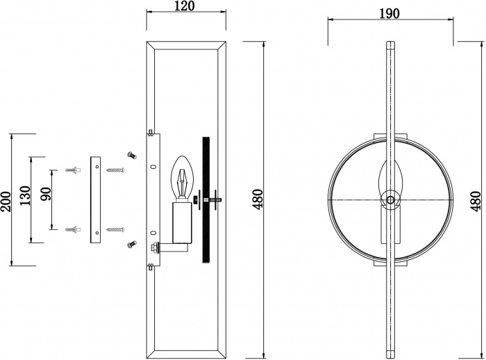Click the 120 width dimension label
coord(186,6)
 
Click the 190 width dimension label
coord(389,13)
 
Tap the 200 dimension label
coord(6,202)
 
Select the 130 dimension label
coord(26,195)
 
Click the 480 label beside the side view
coord(258,199)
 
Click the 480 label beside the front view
coord(477,201)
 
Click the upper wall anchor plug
coord(74,170)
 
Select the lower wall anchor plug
coord(74,229)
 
